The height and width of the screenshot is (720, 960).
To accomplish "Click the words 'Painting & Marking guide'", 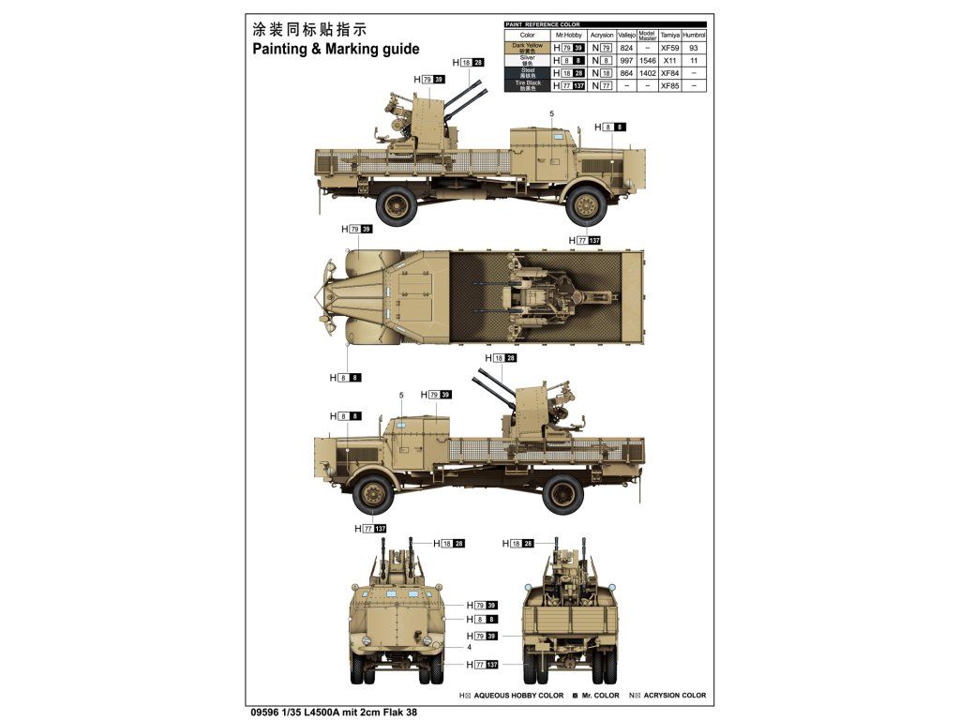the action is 335,50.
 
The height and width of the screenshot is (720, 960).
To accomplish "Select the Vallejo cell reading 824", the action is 627,47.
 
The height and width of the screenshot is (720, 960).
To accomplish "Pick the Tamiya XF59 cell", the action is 669,47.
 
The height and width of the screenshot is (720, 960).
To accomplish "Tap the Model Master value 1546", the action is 648,60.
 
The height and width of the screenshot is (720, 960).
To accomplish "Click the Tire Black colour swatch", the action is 527,85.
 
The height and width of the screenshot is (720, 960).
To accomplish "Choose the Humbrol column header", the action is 694,35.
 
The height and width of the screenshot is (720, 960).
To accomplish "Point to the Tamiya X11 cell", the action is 669,60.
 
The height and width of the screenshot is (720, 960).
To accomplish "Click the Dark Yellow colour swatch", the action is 527,47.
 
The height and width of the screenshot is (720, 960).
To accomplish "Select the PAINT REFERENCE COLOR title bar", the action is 543,23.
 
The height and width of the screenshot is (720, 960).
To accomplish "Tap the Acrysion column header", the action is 602,35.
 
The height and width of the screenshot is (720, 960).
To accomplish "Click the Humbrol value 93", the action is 694,47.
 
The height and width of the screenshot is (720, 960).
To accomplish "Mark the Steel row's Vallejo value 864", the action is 627,72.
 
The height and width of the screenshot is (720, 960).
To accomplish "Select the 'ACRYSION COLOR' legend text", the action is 673,696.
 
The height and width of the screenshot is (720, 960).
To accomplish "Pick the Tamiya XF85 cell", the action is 669,85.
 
